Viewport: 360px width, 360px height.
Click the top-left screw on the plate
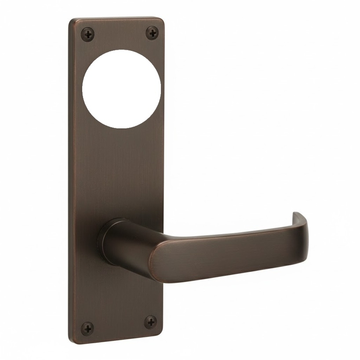click(x=88, y=34)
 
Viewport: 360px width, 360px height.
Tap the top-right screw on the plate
click(x=152, y=33)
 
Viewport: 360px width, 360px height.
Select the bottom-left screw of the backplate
click(x=87, y=328)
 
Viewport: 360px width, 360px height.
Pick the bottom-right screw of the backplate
click(x=150, y=322)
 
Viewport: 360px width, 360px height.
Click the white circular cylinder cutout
click(x=121, y=89)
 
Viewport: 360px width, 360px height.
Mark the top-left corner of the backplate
click(x=70, y=20)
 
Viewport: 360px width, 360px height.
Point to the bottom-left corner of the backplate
click(x=70, y=341)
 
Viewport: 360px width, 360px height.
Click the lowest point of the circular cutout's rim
click(x=121, y=128)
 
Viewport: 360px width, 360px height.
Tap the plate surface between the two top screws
click(x=120, y=33)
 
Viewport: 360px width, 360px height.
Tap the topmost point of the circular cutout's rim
click(x=121, y=50)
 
